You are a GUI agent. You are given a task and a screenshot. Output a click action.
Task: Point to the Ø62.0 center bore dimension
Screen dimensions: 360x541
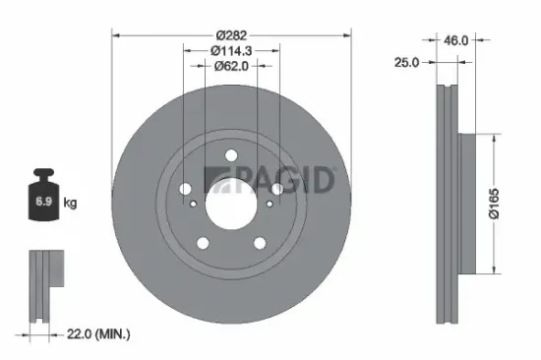click(x=232, y=66)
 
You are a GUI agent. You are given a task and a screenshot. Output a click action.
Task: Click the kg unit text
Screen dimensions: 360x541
click(x=71, y=204)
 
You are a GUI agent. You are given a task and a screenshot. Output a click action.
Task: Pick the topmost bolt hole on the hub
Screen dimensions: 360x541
click(x=231, y=154)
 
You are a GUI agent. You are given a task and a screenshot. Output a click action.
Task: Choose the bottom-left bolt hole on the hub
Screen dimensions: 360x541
click(x=204, y=243)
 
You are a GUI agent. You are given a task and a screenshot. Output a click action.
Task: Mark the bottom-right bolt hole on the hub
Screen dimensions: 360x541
click(x=261, y=243)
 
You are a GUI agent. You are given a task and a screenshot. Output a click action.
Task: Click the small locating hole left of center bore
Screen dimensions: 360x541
click(x=195, y=204)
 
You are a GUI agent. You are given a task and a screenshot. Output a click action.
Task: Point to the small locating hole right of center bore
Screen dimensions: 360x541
click(x=270, y=204)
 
